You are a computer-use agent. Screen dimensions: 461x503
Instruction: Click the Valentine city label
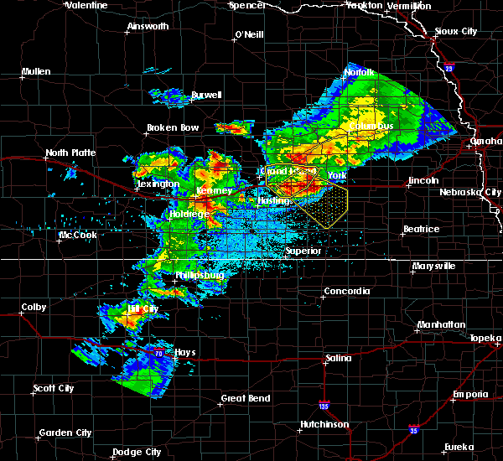(88, 5)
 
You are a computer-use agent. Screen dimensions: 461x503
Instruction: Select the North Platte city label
(70, 153)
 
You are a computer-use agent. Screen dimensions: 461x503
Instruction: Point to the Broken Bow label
(173, 127)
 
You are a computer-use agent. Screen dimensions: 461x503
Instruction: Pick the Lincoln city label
(423, 180)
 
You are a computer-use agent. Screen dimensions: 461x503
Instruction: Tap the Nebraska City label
(470, 192)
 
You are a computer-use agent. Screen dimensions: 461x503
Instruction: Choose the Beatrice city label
(421, 229)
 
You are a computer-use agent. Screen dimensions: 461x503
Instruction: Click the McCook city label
(77, 235)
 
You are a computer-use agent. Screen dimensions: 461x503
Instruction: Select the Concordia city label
(347, 291)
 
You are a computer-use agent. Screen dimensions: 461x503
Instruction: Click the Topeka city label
(485, 338)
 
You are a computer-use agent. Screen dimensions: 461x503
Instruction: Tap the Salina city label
(338, 358)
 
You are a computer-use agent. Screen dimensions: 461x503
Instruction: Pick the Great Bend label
(246, 398)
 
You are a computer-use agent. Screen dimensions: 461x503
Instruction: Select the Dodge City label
(137, 452)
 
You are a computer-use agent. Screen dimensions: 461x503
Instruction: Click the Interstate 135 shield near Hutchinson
(324, 406)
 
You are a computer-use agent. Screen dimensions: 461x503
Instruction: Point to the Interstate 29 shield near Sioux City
(449, 69)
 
